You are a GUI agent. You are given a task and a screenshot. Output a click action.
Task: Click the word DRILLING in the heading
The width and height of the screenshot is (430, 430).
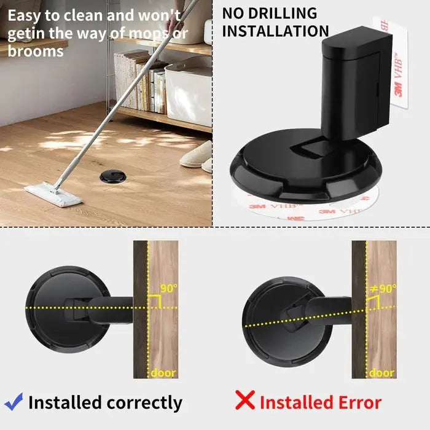click(283, 13)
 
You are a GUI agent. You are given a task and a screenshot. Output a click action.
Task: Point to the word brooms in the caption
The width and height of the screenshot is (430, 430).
click(36, 52)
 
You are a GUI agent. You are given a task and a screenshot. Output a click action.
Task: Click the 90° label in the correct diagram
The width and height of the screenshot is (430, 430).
click(168, 287)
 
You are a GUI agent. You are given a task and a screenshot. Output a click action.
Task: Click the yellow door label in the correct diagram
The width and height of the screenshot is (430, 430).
click(163, 372)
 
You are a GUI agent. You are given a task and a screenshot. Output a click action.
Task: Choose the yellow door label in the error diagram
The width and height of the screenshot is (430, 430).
click(381, 372)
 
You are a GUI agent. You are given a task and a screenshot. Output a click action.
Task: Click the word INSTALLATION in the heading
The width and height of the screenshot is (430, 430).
click(275, 30)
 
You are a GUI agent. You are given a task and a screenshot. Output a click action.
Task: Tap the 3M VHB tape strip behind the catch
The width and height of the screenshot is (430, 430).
click(399, 68)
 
